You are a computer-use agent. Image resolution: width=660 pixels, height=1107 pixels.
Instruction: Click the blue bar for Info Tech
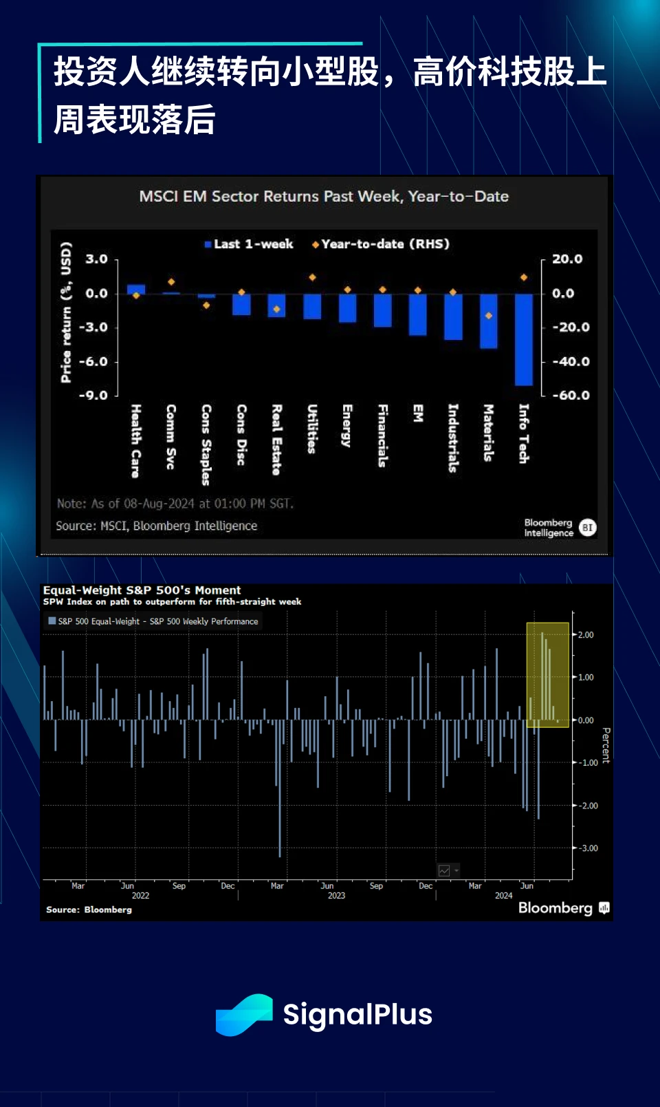[x=524, y=340]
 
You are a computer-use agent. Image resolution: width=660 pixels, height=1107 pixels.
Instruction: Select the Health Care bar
[x=136, y=289]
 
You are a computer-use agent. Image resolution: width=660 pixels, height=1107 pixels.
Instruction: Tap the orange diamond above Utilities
[x=312, y=277]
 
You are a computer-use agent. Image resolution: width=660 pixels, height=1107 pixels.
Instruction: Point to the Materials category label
[x=488, y=433]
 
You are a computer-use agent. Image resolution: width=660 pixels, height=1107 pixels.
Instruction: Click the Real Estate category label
[x=276, y=440]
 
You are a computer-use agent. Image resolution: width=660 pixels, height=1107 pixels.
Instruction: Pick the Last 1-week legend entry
[x=249, y=244]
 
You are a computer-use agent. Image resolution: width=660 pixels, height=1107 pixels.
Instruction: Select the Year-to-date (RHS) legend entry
[x=381, y=244]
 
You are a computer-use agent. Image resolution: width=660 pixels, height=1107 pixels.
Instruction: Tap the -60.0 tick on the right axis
[x=571, y=396]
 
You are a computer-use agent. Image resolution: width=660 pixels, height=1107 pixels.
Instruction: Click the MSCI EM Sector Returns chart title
[x=324, y=197]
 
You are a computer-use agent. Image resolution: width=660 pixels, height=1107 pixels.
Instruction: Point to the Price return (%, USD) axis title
[x=66, y=312]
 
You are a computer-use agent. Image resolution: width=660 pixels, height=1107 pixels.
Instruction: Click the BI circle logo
[x=587, y=528]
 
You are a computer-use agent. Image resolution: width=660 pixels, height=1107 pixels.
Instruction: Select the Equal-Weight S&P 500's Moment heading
[x=142, y=590]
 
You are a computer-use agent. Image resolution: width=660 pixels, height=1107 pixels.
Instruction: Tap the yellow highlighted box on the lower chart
[x=547, y=674]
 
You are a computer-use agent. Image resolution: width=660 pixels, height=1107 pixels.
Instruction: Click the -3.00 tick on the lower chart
[x=587, y=848]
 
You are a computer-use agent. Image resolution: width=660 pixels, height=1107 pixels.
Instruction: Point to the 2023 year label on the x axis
[x=336, y=896]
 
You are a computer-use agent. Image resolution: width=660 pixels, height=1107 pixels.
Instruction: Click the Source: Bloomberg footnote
[x=89, y=910]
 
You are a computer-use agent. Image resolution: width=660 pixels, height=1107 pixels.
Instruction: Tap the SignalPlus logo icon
[x=244, y=1015]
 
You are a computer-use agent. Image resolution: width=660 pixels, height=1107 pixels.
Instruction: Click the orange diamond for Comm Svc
[x=171, y=282]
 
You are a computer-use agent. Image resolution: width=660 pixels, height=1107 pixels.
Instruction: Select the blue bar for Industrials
[x=453, y=317]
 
